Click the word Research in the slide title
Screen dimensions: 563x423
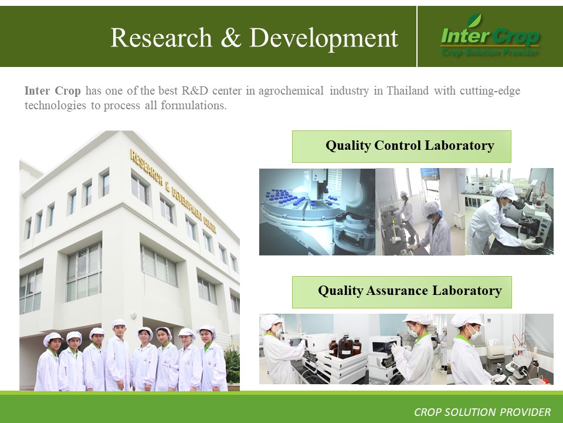[x=161, y=38]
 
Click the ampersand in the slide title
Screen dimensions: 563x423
[x=230, y=38]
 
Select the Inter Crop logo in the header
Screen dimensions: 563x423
[x=489, y=36]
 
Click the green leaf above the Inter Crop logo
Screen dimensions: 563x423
[x=474, y=21]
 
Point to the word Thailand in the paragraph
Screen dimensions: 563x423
[x=408, y=90]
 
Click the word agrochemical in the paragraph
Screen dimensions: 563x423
[x=291, y=91]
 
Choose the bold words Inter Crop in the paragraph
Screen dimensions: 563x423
[x=52, y=90]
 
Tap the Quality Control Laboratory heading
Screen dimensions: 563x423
[x=410, y=146]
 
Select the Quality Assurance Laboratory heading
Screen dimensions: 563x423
[x=410, y=291]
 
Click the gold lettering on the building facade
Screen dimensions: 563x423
[x=173, y=191]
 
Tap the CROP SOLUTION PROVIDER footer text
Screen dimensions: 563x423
[x=482, y=412]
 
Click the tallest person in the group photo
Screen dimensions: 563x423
[x=117, y=356]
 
